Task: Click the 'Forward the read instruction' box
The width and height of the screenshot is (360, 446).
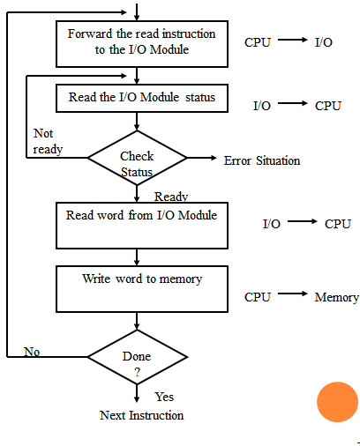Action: click(141, 42)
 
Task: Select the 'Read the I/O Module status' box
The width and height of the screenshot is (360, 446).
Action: click(141, 98)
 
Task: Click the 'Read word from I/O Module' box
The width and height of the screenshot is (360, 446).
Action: click(141, 225)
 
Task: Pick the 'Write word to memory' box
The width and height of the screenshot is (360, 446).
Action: click(141, 287)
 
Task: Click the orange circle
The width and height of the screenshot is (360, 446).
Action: click(337, 402)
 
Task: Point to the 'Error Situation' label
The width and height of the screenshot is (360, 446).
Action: click(262, 160)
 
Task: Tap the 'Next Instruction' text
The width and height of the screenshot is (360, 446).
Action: click(141, 415)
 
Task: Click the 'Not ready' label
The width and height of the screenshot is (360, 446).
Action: click(48, 142)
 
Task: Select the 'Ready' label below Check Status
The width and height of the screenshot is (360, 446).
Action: click(170, 197)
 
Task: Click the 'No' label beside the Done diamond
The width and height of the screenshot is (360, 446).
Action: click(32, 352)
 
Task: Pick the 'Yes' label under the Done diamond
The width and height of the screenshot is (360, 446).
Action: click(164, 397)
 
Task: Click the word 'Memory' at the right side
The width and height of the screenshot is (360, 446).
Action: click(336, 298)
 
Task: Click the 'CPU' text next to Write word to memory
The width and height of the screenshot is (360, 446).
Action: click(258, 298)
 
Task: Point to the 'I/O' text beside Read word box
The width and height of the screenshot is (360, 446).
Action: click(271, 224)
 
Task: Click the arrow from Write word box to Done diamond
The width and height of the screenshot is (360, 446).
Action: click(137, 322)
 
